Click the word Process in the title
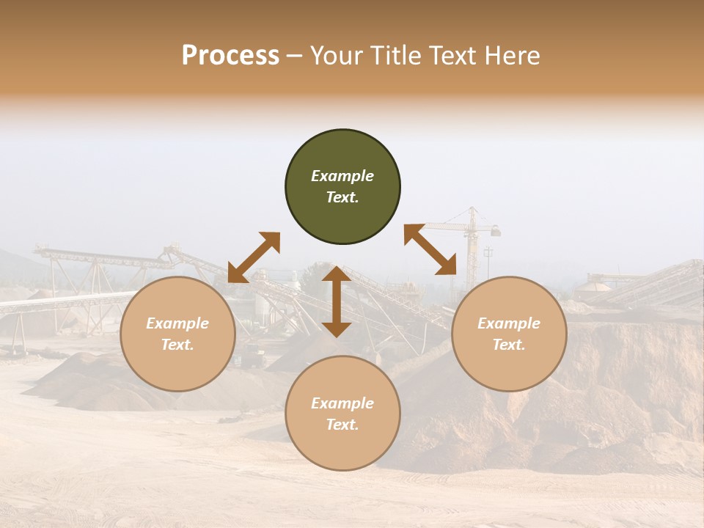(x=230, y=56)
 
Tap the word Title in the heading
(x=392, y=56)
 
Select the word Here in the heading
(x=513, y=56)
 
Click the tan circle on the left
(x=177, y=334)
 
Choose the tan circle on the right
(x=509, y=334)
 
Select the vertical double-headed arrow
(x=337, y=301)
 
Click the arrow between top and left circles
(x=254, y=257)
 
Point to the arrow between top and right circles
(x=430, y=249)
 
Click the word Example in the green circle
(x=342, y=176)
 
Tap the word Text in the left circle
(x=177, y=345)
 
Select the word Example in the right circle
(x=509, y=323)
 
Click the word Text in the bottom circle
(x=342, y=425)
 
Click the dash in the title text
(x=294, y=56)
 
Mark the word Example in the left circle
(x=177, y=323)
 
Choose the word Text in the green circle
(x=342, y=197)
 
